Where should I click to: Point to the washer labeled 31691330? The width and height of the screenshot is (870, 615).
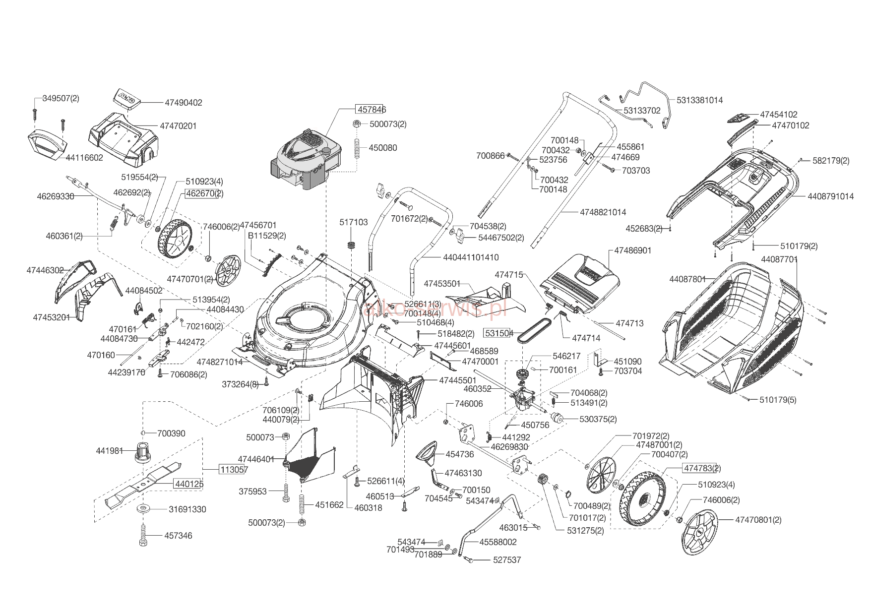tap(143, 509)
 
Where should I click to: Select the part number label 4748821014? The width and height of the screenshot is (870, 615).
tap(603, 212)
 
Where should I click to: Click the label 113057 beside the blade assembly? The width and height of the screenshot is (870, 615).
tap(234, 469)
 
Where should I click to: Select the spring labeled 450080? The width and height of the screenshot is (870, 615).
tap(357, 148)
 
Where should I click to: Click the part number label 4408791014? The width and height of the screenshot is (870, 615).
tap(830, 196)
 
